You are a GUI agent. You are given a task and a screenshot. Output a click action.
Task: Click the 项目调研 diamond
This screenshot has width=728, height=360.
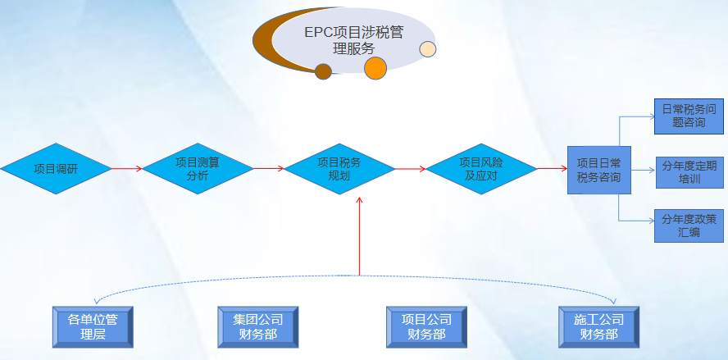[x=55, y=170]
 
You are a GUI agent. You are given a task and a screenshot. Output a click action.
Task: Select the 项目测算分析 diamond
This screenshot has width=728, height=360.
[x=198, y=169]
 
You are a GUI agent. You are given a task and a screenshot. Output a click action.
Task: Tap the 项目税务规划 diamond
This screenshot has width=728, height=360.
[x=339, y=169]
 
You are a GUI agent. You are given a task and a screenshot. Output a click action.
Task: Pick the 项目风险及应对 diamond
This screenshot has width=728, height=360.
[x=480, y=169]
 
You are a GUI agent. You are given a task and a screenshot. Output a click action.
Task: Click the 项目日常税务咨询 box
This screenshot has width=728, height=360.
[x=598, y=170]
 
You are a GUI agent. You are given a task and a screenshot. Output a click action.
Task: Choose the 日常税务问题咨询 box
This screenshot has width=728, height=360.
[x=689, y=116]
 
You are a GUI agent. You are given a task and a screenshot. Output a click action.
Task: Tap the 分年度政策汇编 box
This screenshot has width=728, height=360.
[x=689, y=225]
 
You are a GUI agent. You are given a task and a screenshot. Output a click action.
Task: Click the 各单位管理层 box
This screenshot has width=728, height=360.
[x=93, y=326]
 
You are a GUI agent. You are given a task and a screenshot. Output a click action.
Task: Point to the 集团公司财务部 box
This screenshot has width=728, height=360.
[x=257, y=326]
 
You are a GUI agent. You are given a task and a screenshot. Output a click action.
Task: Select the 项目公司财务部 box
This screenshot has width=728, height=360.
[x=426, y=326]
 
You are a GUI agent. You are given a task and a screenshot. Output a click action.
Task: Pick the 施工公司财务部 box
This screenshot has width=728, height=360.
[x=598, y=326]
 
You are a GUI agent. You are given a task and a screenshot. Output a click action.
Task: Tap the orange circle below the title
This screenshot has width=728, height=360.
[x=375, y=68]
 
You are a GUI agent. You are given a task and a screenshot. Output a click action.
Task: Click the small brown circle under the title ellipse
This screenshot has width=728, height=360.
[x=323, y=71]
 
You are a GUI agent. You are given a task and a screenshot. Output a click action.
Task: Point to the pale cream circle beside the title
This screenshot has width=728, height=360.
[x=428, y=49]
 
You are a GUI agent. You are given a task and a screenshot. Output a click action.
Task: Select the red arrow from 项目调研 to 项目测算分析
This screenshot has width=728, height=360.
[x=127, y=170]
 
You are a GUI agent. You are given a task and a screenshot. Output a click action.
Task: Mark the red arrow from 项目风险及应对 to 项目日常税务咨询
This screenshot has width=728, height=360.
[x=552, y=169]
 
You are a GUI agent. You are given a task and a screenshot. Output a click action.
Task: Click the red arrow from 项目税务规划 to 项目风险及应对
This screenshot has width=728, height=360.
[x=410, y=170]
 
